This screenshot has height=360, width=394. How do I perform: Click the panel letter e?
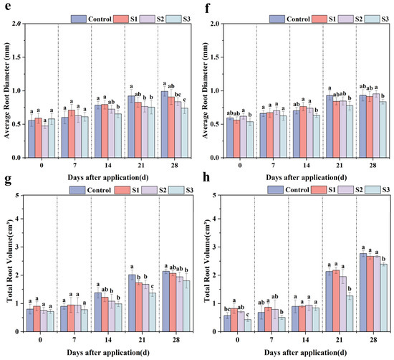coord(8,6)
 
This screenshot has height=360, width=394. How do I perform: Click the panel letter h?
coord(206,177)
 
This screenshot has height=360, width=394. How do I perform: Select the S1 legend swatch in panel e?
coord(121,19)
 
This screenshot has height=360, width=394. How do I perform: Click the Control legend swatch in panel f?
coord(277,19)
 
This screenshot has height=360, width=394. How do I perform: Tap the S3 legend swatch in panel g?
coord(176,190)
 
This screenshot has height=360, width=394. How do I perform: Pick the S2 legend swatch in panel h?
coord(346,190)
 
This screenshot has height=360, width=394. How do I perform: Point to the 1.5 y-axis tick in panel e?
coord(17,57)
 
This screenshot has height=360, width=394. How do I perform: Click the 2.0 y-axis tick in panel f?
coord(216,24)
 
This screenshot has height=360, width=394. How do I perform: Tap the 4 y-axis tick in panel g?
coord(17,219)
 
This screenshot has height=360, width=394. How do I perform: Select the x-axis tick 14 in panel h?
coord(305,340)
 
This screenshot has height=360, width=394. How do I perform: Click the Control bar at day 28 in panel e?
coord(165,125)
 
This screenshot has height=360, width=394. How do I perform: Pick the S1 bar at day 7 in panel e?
coord(72,134)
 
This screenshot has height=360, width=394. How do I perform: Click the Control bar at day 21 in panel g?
coord(132,303)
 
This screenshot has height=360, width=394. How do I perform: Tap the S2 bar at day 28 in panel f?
coord(376,125)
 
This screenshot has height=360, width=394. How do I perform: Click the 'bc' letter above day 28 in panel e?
coord(178,95)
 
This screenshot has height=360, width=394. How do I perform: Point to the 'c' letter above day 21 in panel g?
coord(153,286)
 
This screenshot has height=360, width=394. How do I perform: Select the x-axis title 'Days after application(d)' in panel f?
coord(307,178)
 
